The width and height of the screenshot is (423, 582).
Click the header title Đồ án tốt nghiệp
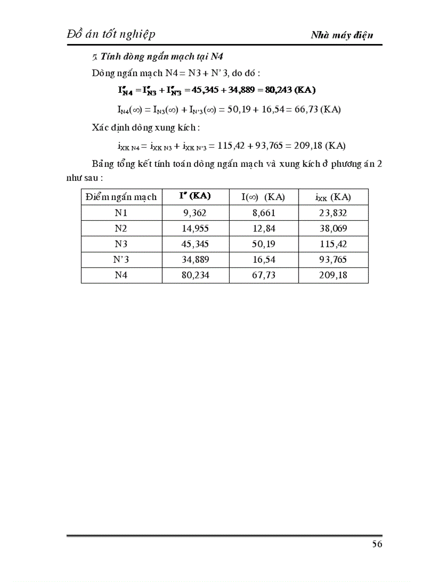pos(111,34)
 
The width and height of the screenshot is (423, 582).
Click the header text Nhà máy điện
pos(342,35)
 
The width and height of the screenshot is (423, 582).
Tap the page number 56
pos(377,544)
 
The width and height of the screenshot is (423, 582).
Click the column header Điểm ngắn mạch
pos(121,197)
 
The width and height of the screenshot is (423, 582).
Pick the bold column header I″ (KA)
pos(195,196)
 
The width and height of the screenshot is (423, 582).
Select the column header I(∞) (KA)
pos(263,197)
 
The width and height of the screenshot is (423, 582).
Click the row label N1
pos(121,212)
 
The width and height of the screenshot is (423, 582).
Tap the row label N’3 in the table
pos(121,260)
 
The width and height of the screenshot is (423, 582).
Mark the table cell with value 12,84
pos(263,229)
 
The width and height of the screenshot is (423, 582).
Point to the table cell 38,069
pos(333,229)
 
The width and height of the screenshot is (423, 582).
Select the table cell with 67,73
pos(263,276)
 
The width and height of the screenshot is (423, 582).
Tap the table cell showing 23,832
pos(333,212)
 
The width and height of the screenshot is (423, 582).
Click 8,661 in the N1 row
pos(263,212)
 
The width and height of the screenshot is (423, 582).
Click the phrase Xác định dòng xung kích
pos(145,127)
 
